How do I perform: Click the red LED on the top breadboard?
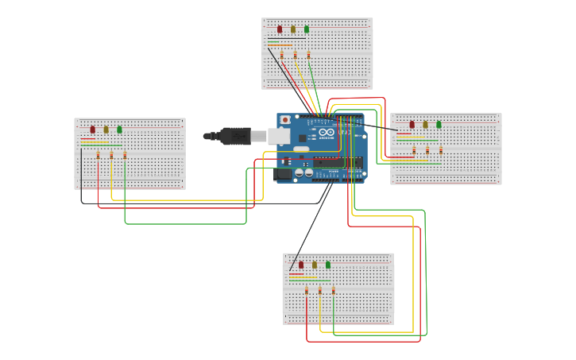point(280,29)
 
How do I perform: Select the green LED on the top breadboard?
point(307,29)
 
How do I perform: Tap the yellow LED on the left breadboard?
point(106,130)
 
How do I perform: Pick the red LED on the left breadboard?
point(92,130)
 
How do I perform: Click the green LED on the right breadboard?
point(439,125)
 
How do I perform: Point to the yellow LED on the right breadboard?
point(425,125)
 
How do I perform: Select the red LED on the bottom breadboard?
point(301,265)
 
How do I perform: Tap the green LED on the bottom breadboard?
point(327,265)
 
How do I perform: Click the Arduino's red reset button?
point(285,120)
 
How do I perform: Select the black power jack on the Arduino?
point(283,173)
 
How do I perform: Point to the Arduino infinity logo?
point(327,132)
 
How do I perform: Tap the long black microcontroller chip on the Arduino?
point(338,163)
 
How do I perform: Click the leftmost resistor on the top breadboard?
point(282,55)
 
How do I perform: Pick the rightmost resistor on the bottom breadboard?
point(333,290)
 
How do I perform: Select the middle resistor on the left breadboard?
point(111,155)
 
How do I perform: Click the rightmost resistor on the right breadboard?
point(441,149)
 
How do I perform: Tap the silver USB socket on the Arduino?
point(279,136)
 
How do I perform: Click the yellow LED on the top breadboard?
point(293,29)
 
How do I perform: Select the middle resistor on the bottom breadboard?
point(320,290)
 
